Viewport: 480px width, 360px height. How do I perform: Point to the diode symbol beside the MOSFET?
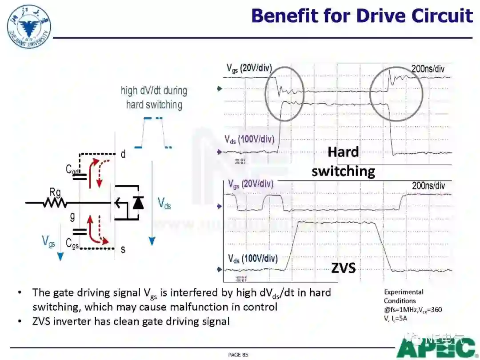click(138, 203)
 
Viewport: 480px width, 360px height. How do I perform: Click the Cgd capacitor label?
click(73, 169)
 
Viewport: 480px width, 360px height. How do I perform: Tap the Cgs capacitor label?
click(74, 243)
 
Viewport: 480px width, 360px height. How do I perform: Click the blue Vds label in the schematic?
click(164, 204)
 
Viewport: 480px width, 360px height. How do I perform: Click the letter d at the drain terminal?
click(123, 154)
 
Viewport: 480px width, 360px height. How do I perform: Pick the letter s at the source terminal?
click(123, 249)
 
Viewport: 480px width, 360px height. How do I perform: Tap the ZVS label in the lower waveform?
click(344, 268)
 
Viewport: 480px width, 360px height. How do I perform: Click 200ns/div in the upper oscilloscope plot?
click(428, 69)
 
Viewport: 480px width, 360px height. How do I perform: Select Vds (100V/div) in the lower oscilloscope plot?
click(253, 258)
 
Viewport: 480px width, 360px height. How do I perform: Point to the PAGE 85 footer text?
click(238, 354)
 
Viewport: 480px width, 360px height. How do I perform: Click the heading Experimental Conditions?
click(404, 296)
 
